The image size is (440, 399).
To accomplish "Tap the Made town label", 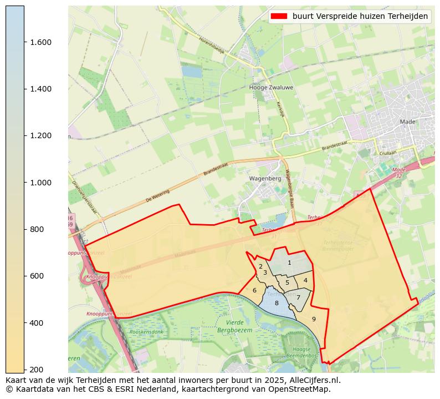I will coord(407,122).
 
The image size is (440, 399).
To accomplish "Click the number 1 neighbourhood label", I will coord(289,262).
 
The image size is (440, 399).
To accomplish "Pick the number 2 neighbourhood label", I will coord(260,266).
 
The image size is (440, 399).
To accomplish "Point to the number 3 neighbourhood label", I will coord(265,272).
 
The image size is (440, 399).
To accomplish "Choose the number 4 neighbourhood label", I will coord(305,280).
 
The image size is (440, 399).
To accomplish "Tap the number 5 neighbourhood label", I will coord(287,282).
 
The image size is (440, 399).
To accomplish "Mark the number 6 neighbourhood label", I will coord(254,290).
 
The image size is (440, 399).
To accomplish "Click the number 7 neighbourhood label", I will coord(298,297).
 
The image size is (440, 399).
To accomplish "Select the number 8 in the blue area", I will coord(277,303).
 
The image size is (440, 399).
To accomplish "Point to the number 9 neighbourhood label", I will coord(314,319).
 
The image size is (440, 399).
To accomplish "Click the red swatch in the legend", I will coord(279,17).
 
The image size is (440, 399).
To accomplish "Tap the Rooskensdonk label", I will coord(146,332).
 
